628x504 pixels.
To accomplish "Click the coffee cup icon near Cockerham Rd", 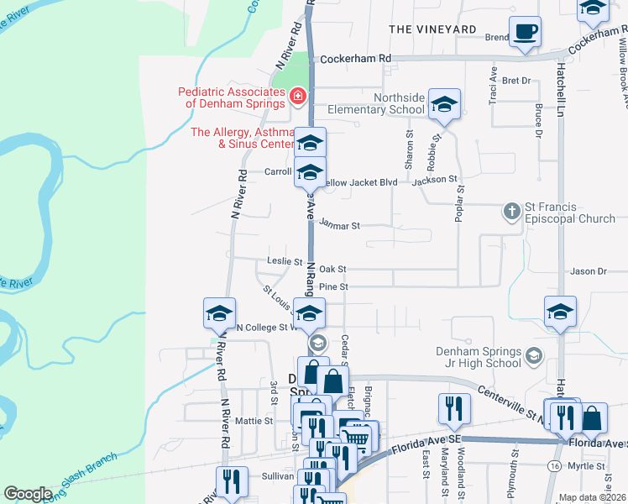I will (525, 33).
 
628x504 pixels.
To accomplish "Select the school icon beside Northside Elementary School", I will (444, 104).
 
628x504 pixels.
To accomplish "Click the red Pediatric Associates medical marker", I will (296, 98).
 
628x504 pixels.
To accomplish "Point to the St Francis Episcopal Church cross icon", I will (512, 211).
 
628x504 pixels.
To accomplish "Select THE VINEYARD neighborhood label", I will (433, 29).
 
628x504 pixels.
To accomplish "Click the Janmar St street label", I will (340, 226).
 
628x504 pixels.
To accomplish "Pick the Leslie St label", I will (285, 261).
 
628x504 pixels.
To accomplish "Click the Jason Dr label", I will (588, 271).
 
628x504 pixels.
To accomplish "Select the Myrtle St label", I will (587, 465).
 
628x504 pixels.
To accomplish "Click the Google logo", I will (28, 494).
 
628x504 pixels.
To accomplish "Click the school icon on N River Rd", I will (219, 315).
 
